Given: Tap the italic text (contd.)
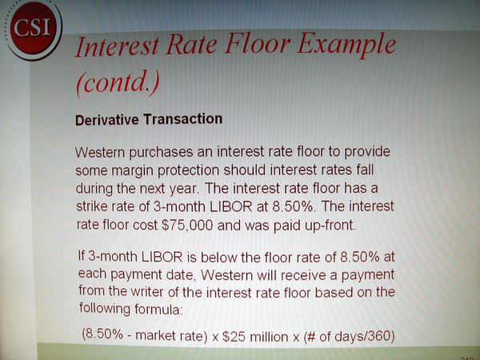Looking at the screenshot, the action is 118,82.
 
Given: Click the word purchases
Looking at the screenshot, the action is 162,153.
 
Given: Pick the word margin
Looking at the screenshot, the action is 132,171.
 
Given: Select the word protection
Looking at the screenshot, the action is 189,170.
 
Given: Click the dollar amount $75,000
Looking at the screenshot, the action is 187,226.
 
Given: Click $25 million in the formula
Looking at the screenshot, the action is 255,337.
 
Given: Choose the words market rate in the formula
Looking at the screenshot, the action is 170,336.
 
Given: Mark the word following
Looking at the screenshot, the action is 105,308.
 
